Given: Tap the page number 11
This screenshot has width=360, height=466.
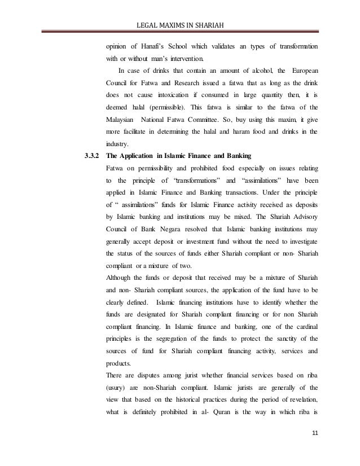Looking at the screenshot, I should click(314, 449).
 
